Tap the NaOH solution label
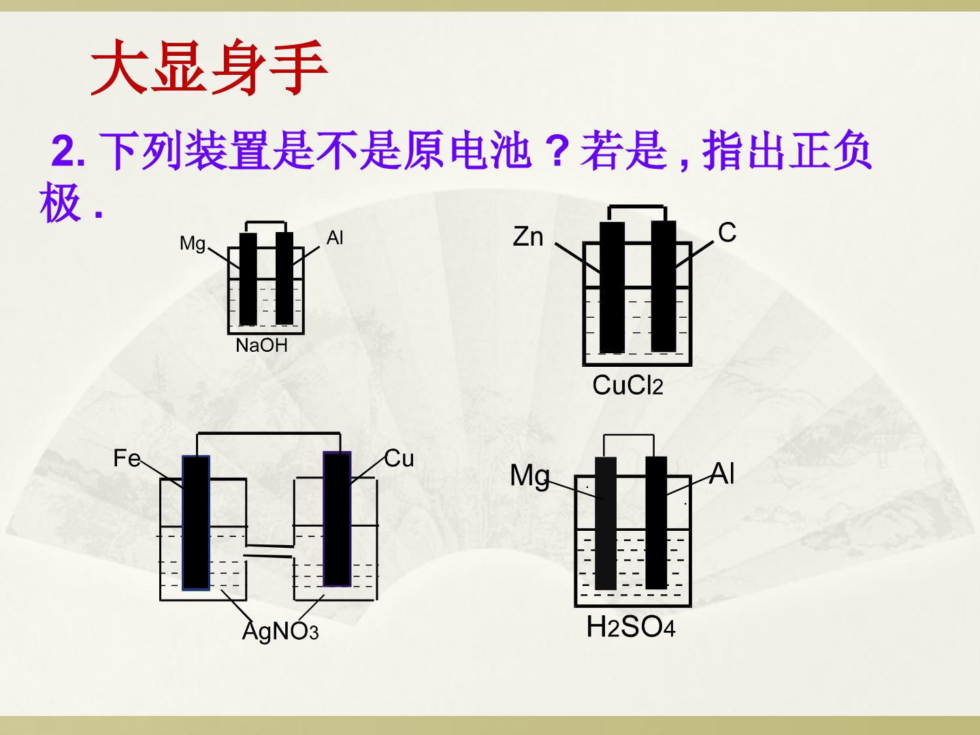pyautogui.click(x=261, y=346)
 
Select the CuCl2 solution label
pyautogui.click(x=627, y=385)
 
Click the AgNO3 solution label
pyautogui.click(x=280, y=631)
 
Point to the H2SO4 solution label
pyautogui.click(x=630, y=627)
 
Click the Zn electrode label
pyautogui.click(x=528, y=237)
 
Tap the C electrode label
pyautogui.click(x=727, y=233)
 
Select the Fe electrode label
pyautogui.click(x=127, y=458)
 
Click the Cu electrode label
pyautogui.click(x=399, y=458)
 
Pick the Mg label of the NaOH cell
pyautogui.click(x=193, y=244)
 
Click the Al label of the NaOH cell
pyautogui.click(x=335, y=238)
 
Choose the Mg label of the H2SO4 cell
pyautogui.click(x=530, y=476)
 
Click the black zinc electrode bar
pyautogui.click(x=612, y=287)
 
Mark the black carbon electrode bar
pyautogui.click(x=664, y=286)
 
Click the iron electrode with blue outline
pyautogui.click(x=196, y=523)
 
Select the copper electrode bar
pyautogui.click(x=337, y=519)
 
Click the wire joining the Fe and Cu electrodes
pyautogui.click(x=268, y=434)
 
